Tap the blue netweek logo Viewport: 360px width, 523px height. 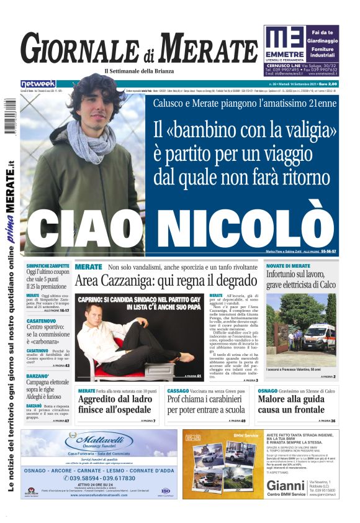coord(38,83)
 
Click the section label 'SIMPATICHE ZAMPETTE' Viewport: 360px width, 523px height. coord(48,265)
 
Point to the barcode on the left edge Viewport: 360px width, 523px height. coord(10,116)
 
